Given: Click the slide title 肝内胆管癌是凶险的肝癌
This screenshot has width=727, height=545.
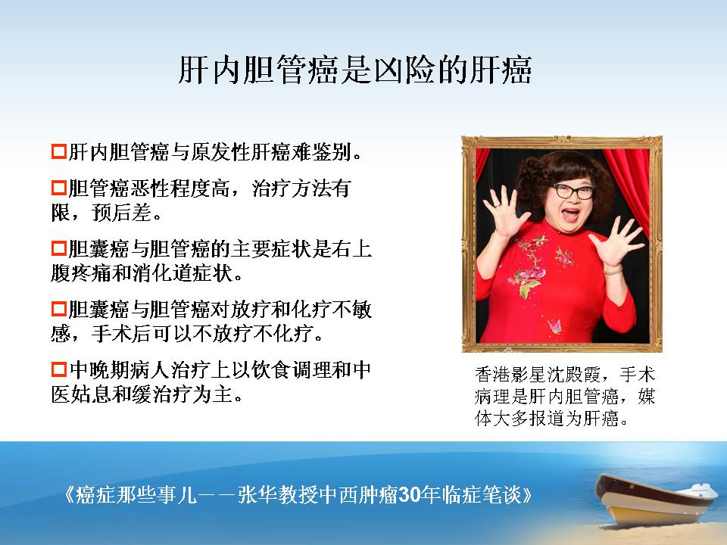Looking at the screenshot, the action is click(x=354, y=70).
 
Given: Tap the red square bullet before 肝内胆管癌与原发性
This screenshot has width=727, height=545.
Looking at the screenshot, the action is click(x=59, y=151).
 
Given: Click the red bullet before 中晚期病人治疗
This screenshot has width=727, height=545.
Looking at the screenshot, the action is click(x=59, y=369).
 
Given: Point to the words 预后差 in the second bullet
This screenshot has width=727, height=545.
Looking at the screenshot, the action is click(x=121, y=213).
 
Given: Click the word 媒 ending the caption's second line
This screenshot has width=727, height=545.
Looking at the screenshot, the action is click(x=646, y=397).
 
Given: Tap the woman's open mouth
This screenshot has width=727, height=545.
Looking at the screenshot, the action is click(x=571, y=214).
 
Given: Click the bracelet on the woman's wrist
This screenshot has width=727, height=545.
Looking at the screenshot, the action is click(x=613, y=271).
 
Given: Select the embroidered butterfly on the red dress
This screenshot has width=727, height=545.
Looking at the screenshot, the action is click(x=554, y=325).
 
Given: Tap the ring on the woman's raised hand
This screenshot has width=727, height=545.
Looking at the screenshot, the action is click(x=496, y=204).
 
